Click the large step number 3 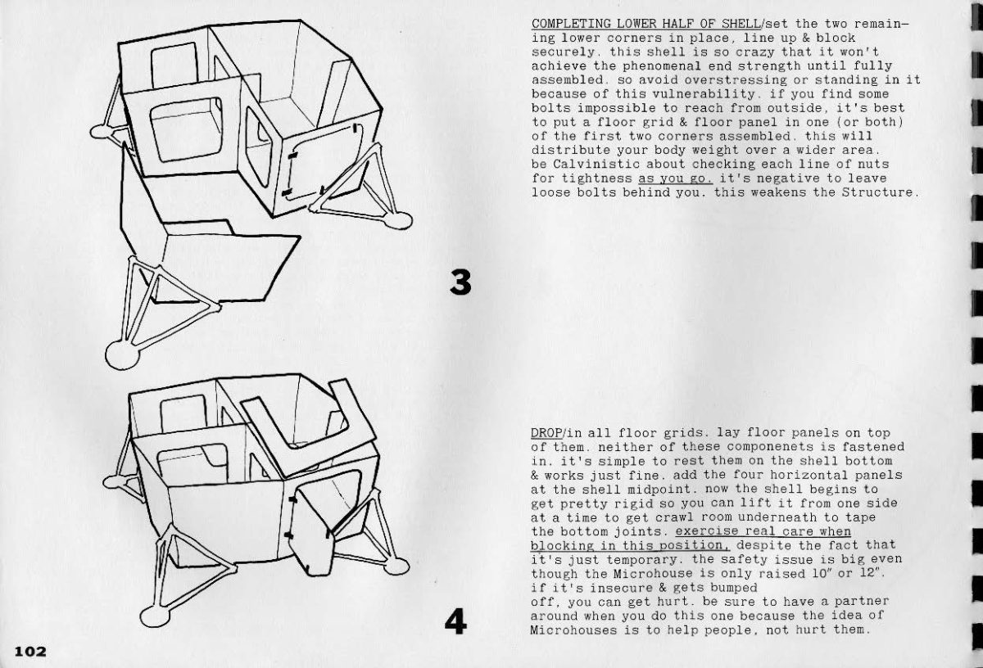tap(460, 282)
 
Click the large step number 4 tap(455, 622)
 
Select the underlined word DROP tap(546, 433)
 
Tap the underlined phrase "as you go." tap(675, 178)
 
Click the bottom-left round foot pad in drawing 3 tap(122, 355)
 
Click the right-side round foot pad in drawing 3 tap(398, 219)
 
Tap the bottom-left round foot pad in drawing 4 tap(156, 616)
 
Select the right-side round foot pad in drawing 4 tap(397, 566)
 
